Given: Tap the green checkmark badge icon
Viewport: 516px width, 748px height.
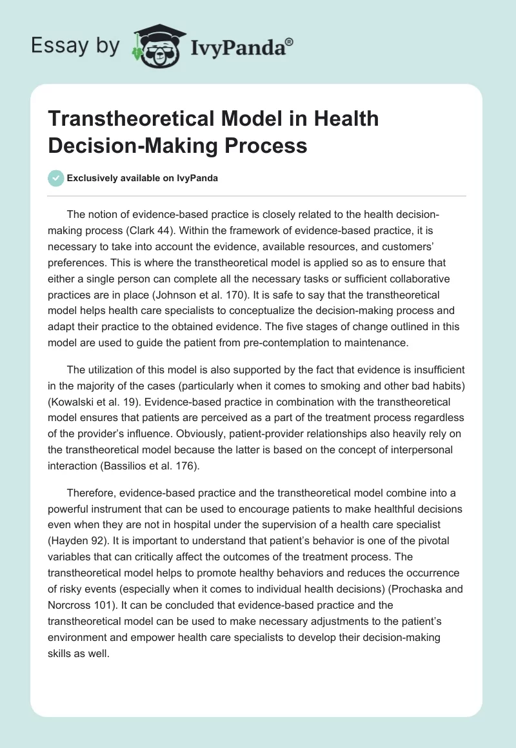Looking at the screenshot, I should pyautogui.click(x=56, y=178).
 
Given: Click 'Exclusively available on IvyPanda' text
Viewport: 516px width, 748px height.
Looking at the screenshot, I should pyautogui.click(x=143, y=179).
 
